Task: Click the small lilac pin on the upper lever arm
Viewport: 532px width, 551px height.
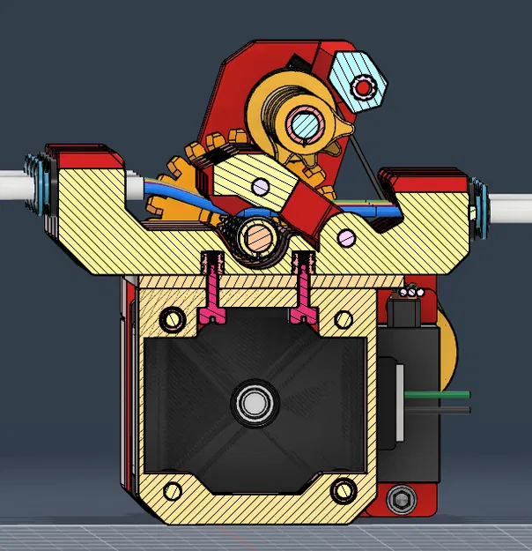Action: [259, 185]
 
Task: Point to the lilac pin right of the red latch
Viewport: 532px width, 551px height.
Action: [346, 236]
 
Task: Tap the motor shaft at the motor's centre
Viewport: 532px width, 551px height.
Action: [253, 403]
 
